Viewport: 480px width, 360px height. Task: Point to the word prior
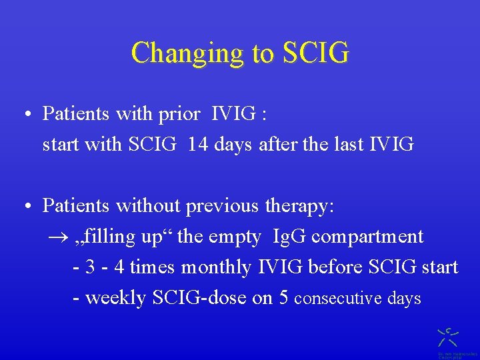[x=179, y=114]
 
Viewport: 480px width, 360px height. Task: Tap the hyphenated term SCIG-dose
[x=200, y=297]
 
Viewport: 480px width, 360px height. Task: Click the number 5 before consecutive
[x=283, y=298]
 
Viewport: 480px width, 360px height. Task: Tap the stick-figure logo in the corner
[x=447, y=336]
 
